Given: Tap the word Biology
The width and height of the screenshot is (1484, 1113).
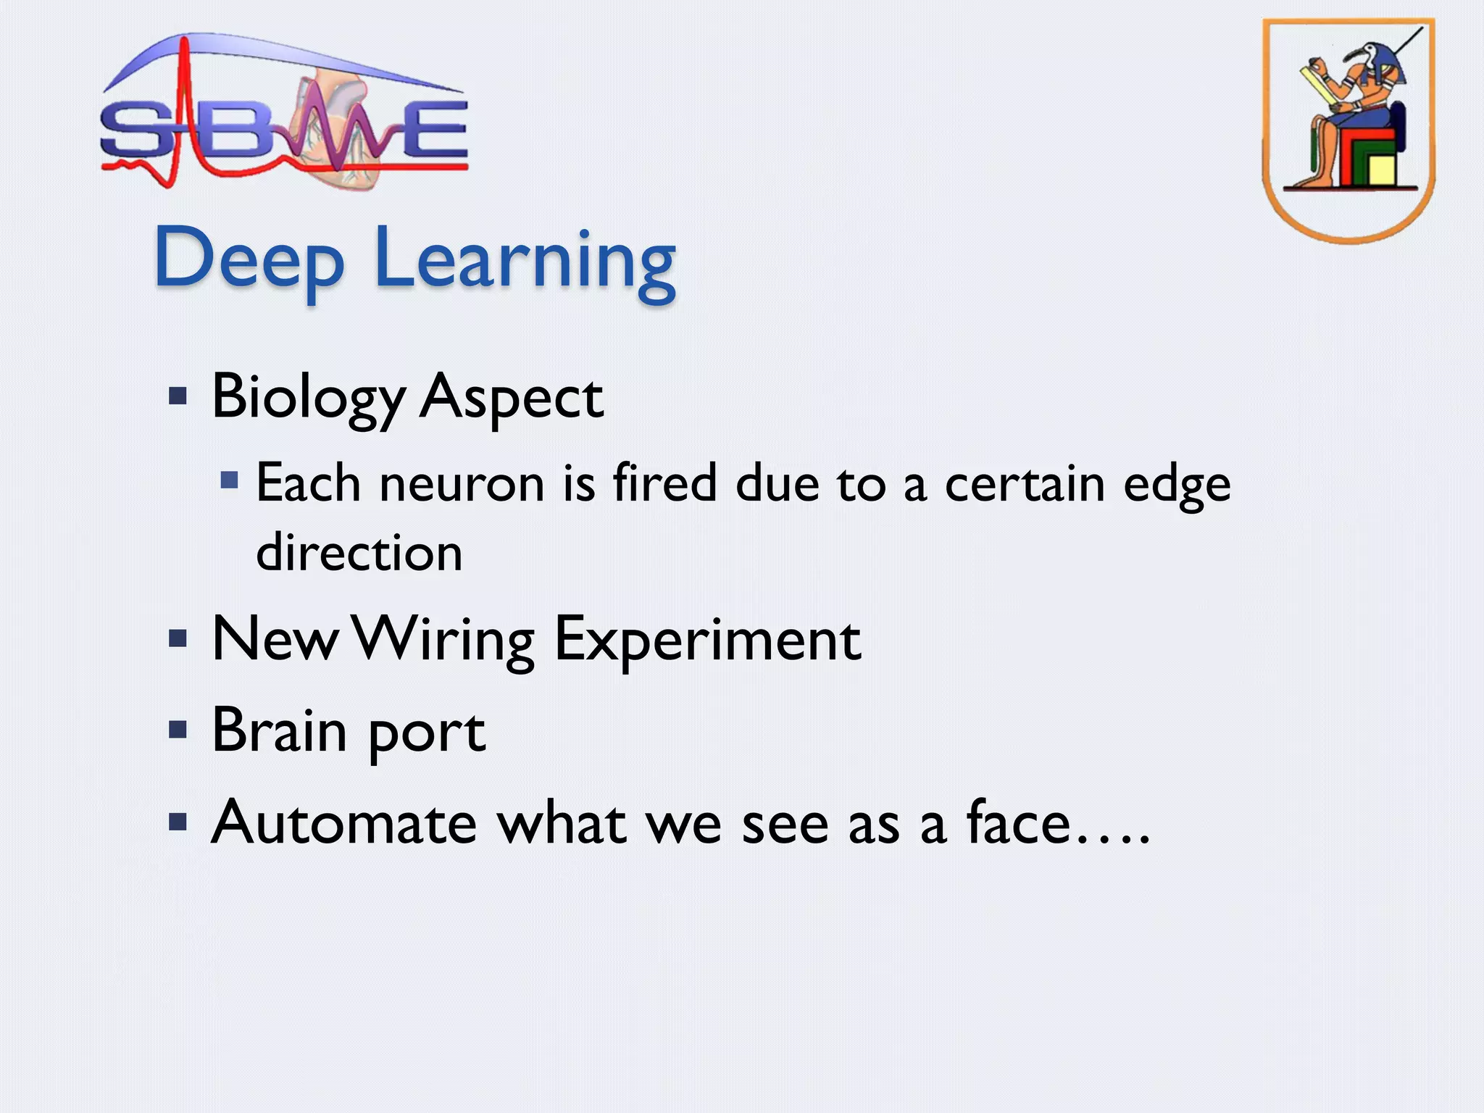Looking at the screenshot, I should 308,398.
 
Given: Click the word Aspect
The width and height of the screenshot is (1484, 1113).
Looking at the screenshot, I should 512,399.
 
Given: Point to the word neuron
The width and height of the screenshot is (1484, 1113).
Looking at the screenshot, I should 462,484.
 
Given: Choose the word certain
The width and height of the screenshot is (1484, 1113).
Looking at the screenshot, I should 1025,484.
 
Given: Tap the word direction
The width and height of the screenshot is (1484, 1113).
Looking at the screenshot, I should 359,553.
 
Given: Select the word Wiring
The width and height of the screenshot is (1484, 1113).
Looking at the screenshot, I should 446,640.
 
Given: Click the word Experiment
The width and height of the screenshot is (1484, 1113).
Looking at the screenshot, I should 708,640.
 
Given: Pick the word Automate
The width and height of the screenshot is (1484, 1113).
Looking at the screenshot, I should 344,823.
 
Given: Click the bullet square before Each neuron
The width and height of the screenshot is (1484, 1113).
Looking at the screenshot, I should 230,480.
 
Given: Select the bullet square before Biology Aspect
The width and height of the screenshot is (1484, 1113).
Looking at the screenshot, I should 178,396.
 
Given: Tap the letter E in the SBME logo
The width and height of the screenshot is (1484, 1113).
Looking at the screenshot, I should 433,130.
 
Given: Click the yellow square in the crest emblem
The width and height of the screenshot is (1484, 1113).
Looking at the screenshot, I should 1382,170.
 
